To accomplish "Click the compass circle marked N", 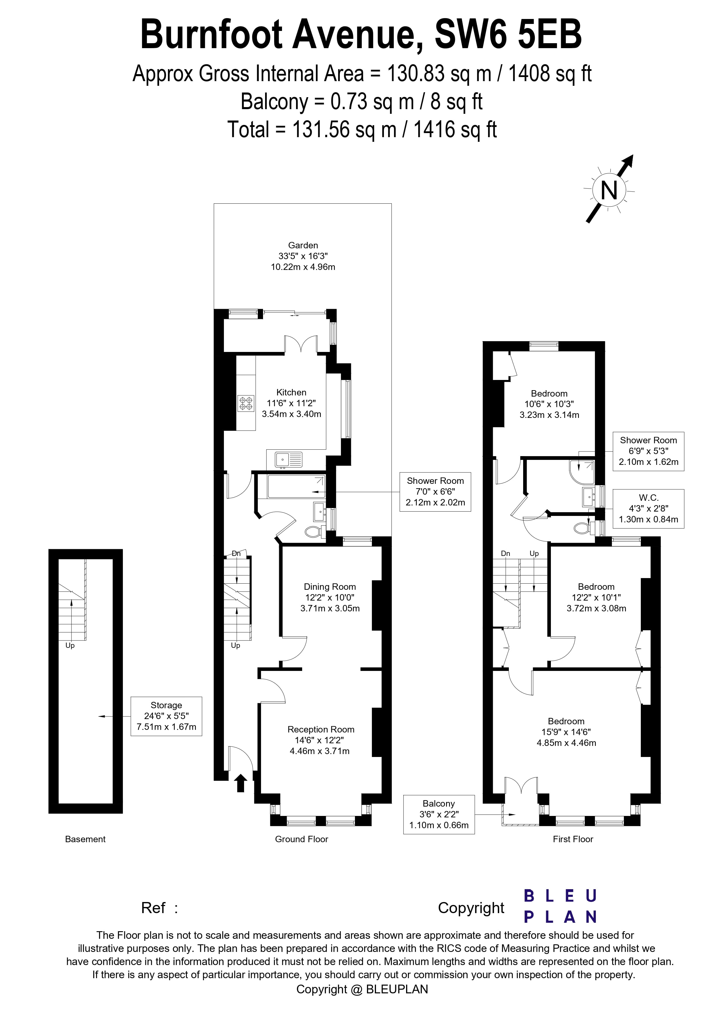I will pos(609,191).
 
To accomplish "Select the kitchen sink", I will pos(289,459).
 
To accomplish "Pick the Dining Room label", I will pos(330,587).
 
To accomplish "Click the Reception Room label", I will pos(321,729).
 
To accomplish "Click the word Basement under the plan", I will pos(85,839).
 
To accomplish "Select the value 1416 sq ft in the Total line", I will pos(455,130).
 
